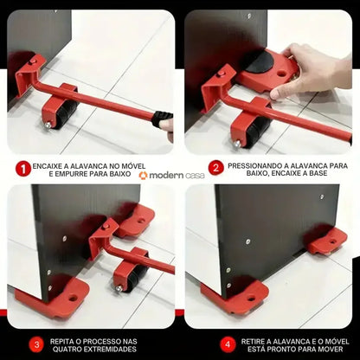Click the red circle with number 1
click(x=22, y=168)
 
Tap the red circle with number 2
click(x=215, y=168)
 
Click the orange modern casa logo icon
click(x=143, y=176)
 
